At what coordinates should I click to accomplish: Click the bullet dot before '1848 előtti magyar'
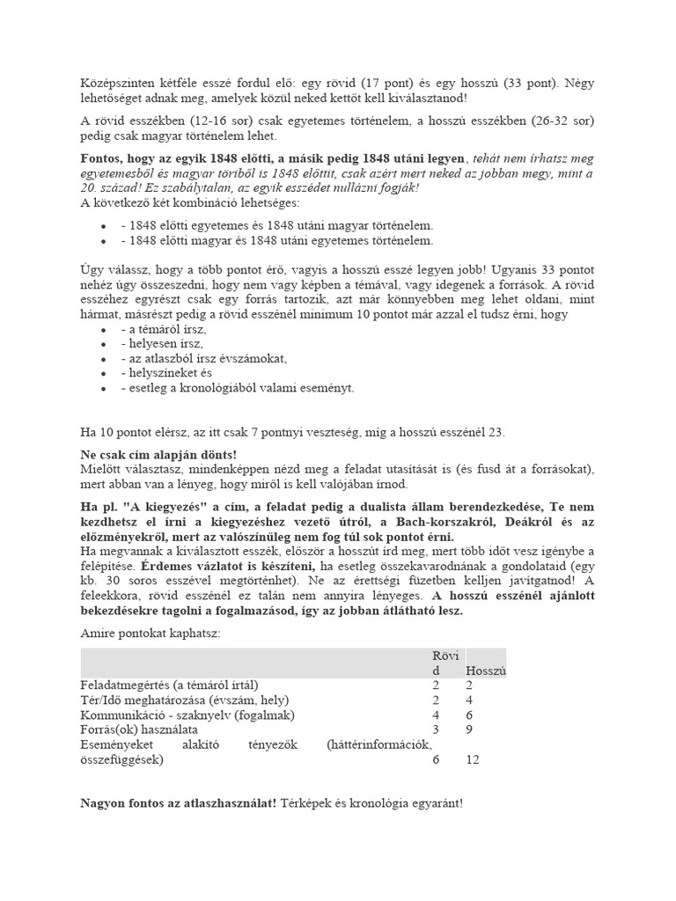pos(105,240)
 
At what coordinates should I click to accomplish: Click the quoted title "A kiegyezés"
pos(175,509)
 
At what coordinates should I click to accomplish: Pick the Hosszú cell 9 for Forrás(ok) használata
pos(469,729)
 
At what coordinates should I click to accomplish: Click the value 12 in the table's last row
pos(473,758)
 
